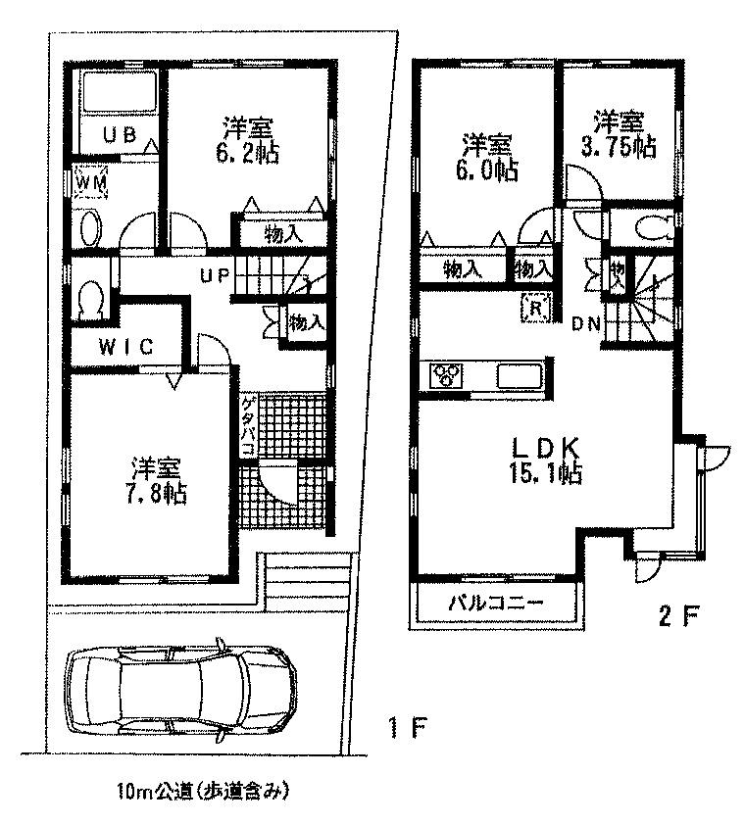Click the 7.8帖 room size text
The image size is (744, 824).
click(157, 492)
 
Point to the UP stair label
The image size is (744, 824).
click(214, 276)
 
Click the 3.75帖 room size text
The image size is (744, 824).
click(619, 147)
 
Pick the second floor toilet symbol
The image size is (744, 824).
click(652, 228)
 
